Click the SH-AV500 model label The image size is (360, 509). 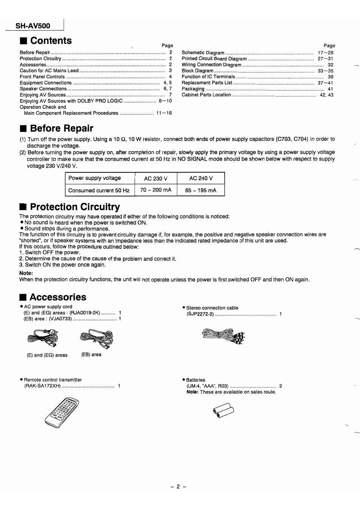tap(33, 26)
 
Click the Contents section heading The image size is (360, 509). tap(50, 40)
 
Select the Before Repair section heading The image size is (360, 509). tap(61, 128)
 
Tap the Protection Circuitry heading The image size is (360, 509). tap(74, 207)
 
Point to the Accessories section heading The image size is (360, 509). tap(57, 297)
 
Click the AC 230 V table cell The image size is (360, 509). tap(155, 178)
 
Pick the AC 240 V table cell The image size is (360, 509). tap(201, 178)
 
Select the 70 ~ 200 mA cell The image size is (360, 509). tap(155, 190)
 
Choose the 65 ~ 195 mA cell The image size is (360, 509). tap(201, 190)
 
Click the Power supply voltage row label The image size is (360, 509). tap(95, 178)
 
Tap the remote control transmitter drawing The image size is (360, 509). tap(62, 412)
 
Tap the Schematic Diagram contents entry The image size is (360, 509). tap(203, 53)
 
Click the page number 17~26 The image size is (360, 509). tap(326, 53)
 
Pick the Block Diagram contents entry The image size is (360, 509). tap(197, 71)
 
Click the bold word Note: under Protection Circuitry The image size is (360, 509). tap(26, 273)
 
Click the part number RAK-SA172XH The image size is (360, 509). tap(42, 386)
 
